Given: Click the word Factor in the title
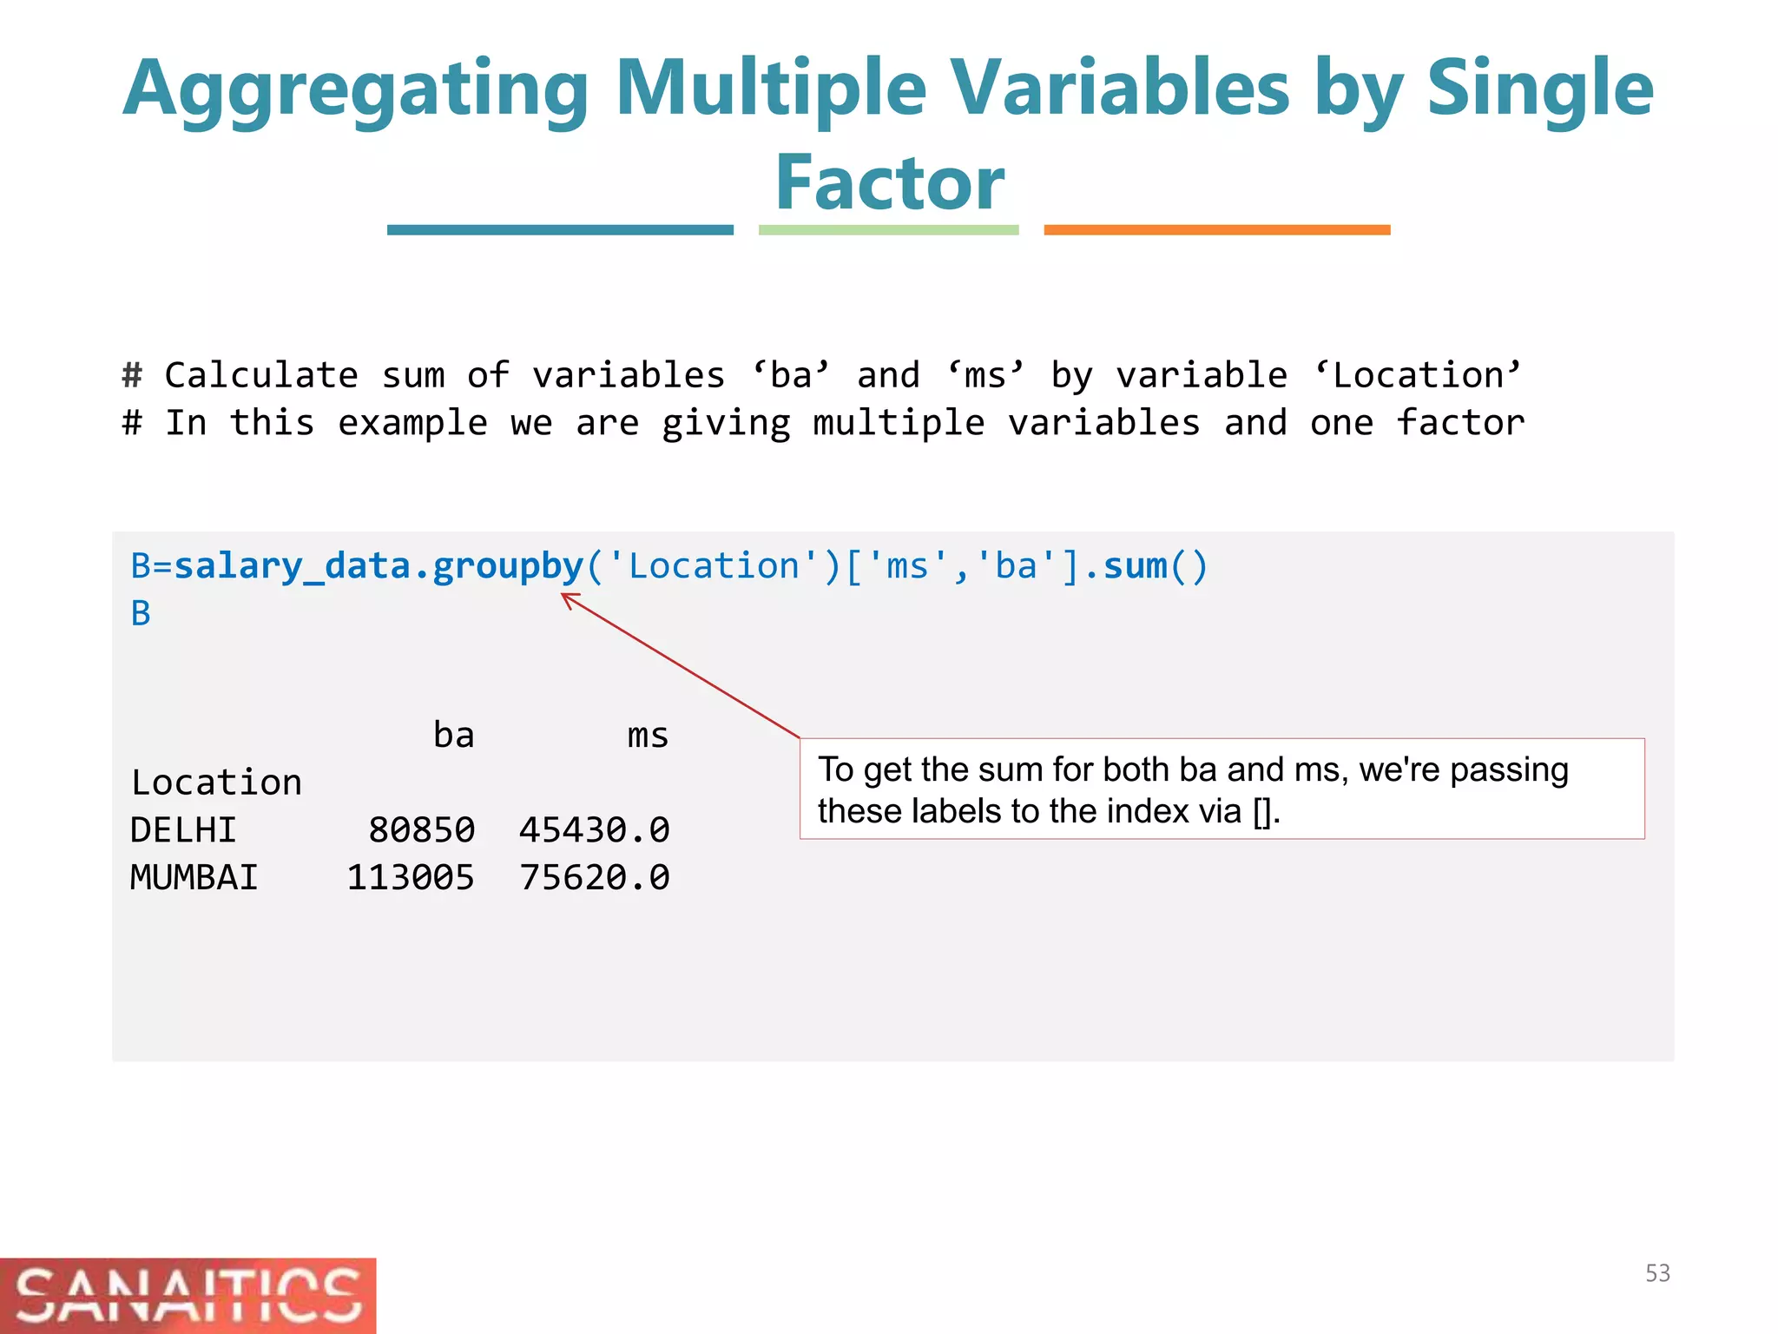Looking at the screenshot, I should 889,183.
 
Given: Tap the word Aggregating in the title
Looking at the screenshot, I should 356,89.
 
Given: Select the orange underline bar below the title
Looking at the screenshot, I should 1216,230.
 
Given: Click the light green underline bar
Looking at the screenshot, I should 888,230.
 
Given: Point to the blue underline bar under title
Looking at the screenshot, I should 560,230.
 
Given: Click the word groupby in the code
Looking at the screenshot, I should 508,567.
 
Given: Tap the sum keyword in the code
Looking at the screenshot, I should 1135,567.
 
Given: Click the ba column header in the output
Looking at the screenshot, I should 453,736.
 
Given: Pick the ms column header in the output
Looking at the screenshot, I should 648,736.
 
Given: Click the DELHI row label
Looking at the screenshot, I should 183,830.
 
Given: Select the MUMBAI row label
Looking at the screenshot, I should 194,878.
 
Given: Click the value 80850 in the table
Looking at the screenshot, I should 421,830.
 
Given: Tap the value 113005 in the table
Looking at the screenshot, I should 410,878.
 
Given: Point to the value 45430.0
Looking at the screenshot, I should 594,830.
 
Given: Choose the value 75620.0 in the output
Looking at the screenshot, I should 594,878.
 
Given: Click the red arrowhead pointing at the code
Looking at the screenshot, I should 569,599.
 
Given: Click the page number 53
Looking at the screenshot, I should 1657,1273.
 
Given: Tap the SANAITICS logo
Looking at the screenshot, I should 188,1296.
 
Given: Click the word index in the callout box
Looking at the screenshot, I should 1148,811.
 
